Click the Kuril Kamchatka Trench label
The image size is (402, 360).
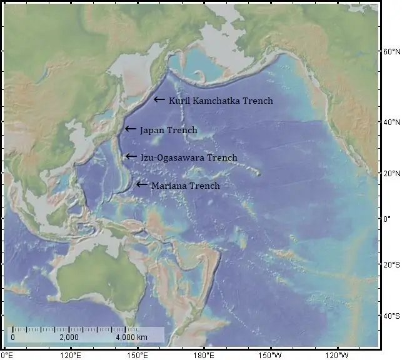pos(221,101)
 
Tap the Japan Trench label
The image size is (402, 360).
pos(168,131)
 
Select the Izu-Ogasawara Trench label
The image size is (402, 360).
pos(189,158)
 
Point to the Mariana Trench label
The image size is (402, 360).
pos(185,186)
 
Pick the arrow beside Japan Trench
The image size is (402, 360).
pos(130,129)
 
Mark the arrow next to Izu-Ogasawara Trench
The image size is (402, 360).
pos(130,156)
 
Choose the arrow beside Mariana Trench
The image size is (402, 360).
pos(142,184)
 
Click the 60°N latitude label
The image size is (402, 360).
pos(391,52)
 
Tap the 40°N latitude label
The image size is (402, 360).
pos(391,122)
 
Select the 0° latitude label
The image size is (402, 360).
pos(388,219)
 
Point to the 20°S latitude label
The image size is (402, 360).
pos(391,265)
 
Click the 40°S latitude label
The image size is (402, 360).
pos(391,316)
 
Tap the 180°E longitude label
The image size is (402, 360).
pos(204,355)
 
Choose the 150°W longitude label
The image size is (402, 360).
pos(271,355)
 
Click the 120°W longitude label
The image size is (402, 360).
pos(338,355)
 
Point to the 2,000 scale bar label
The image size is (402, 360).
pos(69,338)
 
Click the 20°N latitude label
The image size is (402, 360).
pos(391,173)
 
